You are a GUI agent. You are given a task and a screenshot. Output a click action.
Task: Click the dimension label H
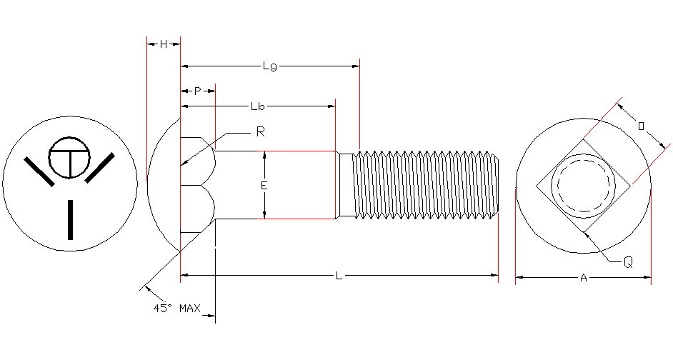164,44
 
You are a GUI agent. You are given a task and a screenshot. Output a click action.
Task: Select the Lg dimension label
269,66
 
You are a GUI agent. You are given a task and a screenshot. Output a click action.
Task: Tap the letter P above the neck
198,91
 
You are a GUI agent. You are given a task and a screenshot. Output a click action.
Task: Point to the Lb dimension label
258,106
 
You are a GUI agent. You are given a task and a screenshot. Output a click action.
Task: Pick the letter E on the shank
264,185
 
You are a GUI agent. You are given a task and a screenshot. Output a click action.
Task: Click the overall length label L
339,275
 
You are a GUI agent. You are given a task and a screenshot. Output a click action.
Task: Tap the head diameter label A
583,278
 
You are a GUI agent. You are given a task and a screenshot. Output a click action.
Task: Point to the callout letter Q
627,262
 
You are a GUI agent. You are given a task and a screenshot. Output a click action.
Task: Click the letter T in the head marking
70,159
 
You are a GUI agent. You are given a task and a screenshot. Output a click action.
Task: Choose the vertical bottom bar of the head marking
70,219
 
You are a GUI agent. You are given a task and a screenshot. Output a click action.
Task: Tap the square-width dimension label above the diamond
641,126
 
